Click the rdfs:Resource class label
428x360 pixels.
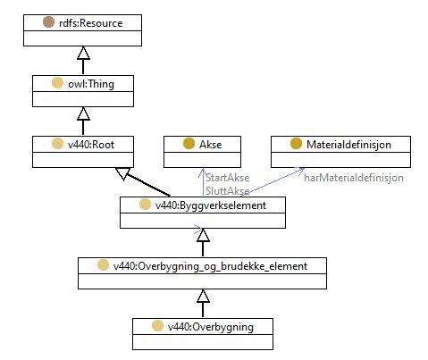(90, 23)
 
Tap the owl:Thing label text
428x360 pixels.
(91, 84)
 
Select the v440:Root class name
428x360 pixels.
(91, 145)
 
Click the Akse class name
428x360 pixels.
(210, 145)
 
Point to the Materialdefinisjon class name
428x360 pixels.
(348, 145)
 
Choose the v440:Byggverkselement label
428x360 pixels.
(211, 205)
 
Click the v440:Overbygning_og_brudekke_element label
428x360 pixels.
(210, 266)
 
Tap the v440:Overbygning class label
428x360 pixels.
(211, 327)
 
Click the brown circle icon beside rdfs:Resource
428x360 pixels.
(48, 22)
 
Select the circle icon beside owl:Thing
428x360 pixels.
(57, 83)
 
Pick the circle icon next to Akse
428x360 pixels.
(189, 144)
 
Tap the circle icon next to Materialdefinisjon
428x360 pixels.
(296, 144)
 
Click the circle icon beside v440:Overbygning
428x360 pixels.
(157, 326)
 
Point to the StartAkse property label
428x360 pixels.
(227, 178)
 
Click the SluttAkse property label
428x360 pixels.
(227, 191)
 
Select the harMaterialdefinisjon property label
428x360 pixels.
(354, 178)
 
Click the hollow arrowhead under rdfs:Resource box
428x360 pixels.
(83, 53)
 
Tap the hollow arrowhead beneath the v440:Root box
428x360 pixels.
(122, 173)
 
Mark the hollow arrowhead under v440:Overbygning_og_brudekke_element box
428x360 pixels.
(203, 296)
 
